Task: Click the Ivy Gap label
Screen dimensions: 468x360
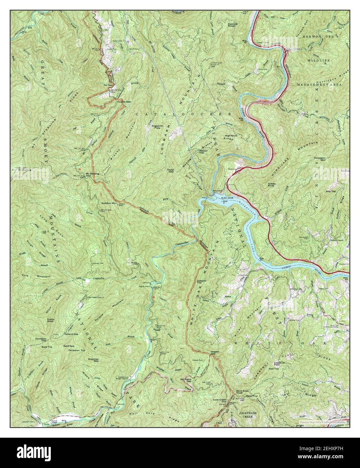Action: (x=107, y=85)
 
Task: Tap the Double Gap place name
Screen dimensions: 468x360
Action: (x=123, y=102)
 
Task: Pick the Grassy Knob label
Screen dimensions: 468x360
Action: (x=272, y=185)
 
